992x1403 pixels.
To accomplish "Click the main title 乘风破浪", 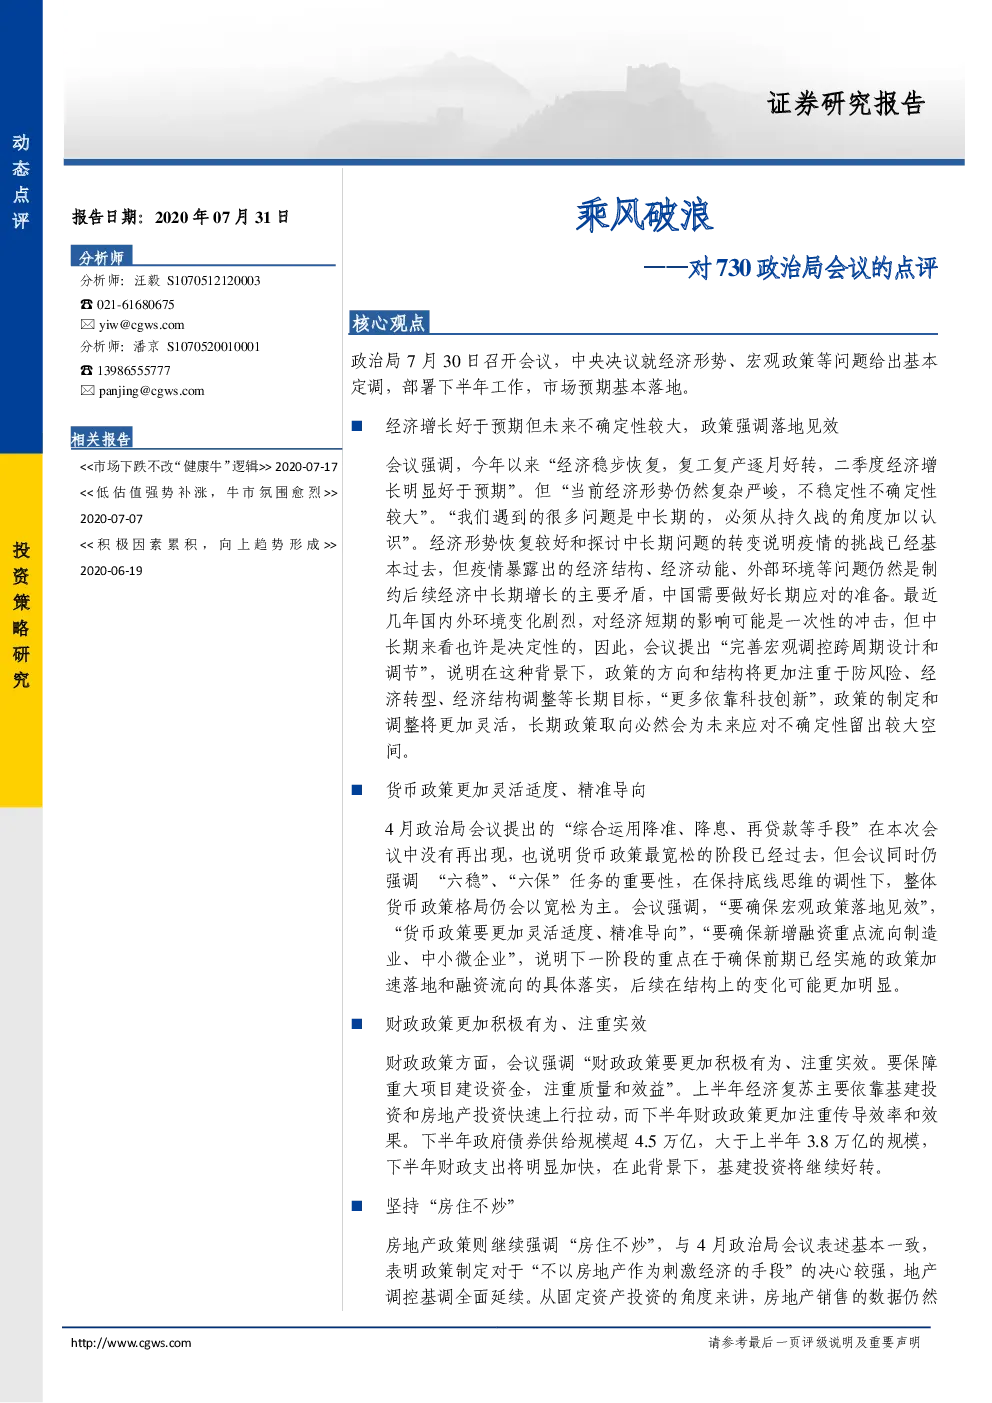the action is [644, 215].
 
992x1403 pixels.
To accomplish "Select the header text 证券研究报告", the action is [846, 103].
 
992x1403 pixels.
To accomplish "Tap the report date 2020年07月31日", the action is [222, 217].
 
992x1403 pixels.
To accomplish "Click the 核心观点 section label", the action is [388, 323].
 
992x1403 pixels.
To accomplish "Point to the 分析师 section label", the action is [101, 257].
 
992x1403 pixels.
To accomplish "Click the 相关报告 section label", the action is [101, 439].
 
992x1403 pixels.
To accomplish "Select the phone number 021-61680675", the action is [135, 304].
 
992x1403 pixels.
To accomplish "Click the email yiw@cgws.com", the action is [142, 324].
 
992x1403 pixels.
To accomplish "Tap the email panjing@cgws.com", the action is [152, 391].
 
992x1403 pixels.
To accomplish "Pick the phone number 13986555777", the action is [133, 371].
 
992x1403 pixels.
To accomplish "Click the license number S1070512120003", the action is [214, 281].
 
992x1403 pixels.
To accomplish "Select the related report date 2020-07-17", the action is [306, 467].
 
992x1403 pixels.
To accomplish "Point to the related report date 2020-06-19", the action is [111, 571].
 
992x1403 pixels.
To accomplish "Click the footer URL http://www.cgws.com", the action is [131, 1342].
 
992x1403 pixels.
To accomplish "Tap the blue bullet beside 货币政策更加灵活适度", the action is [357, 790].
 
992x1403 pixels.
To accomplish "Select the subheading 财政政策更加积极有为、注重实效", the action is [516, 1024].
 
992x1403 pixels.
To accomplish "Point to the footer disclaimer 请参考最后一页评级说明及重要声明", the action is [814, 1342].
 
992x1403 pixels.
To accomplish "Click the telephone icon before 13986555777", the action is [86, 371].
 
